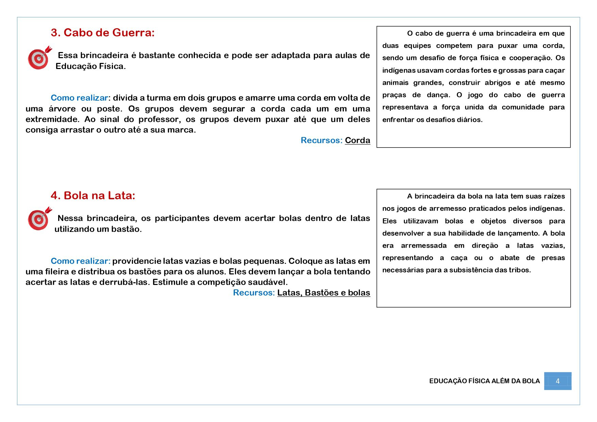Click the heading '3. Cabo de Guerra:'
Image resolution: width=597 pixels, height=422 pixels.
(102, 33)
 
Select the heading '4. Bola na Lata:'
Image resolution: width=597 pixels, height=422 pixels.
(93, 196)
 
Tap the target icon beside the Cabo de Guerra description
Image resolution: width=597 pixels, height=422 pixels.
(39, 58)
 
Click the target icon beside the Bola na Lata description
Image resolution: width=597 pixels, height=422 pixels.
(39, 219)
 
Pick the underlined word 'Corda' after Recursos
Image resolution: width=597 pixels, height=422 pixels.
(357, 140)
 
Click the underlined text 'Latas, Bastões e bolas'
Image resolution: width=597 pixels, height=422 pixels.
(324, 293)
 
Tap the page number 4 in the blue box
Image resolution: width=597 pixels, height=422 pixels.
(558, 381)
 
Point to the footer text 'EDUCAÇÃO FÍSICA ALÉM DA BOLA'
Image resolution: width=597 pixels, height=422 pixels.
(484, 381)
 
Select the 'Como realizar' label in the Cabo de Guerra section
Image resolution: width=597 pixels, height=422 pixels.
(79, 98)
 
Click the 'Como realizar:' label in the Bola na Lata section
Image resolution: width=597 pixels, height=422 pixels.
(81, 261)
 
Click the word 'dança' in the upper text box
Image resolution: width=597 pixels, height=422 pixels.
(438, 95)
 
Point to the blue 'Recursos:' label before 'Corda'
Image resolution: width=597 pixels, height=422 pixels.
(321, 140)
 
